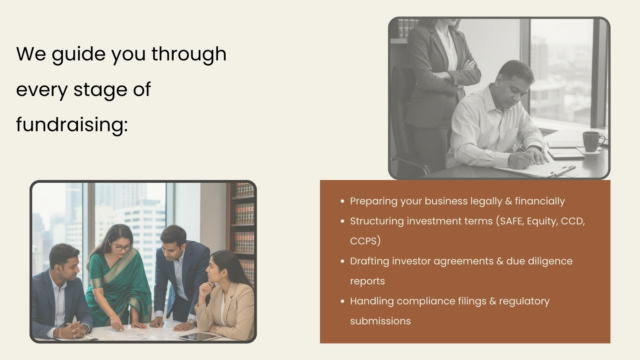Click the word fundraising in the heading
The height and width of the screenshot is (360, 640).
(x=72, y=125)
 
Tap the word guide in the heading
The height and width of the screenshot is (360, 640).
(x=78, y=54)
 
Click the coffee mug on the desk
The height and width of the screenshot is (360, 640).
(x=593, y=141)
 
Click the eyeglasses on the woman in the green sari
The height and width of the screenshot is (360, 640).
(x=123, y=248)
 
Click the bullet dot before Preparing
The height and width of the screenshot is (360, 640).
(x=342, y=201)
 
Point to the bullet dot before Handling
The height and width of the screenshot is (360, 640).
(x=342, y=301)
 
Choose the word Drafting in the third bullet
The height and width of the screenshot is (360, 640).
(x=370, y=262)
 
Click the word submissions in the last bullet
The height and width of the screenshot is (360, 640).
(x=380, y=321)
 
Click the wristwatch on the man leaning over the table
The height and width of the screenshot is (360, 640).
(x=190, y=322)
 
